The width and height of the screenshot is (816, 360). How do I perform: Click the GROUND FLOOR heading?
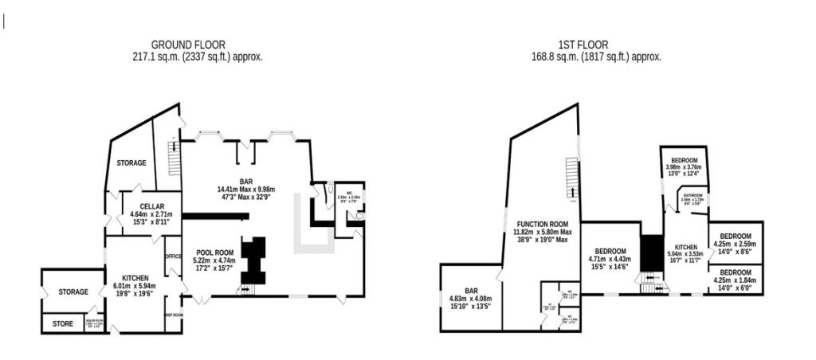click(x=187, y=45)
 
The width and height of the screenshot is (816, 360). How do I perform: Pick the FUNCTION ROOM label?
click(x=542, y=224)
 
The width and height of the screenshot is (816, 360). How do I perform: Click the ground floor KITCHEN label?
click(x=135, y=278)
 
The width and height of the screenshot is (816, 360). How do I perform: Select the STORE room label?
click(x=63, y=324)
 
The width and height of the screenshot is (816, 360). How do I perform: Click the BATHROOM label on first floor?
click(x=692, y=195)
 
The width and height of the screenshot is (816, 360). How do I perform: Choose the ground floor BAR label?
click(x=245, y=180)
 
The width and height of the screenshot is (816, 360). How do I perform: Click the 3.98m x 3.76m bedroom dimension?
click(x=684, y=167)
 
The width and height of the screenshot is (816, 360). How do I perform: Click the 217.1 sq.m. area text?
click(x=197, y=57)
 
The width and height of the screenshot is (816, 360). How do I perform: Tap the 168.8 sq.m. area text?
click(x=595, y=57)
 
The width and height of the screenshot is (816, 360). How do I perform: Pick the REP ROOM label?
click(x=174, y=315)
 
